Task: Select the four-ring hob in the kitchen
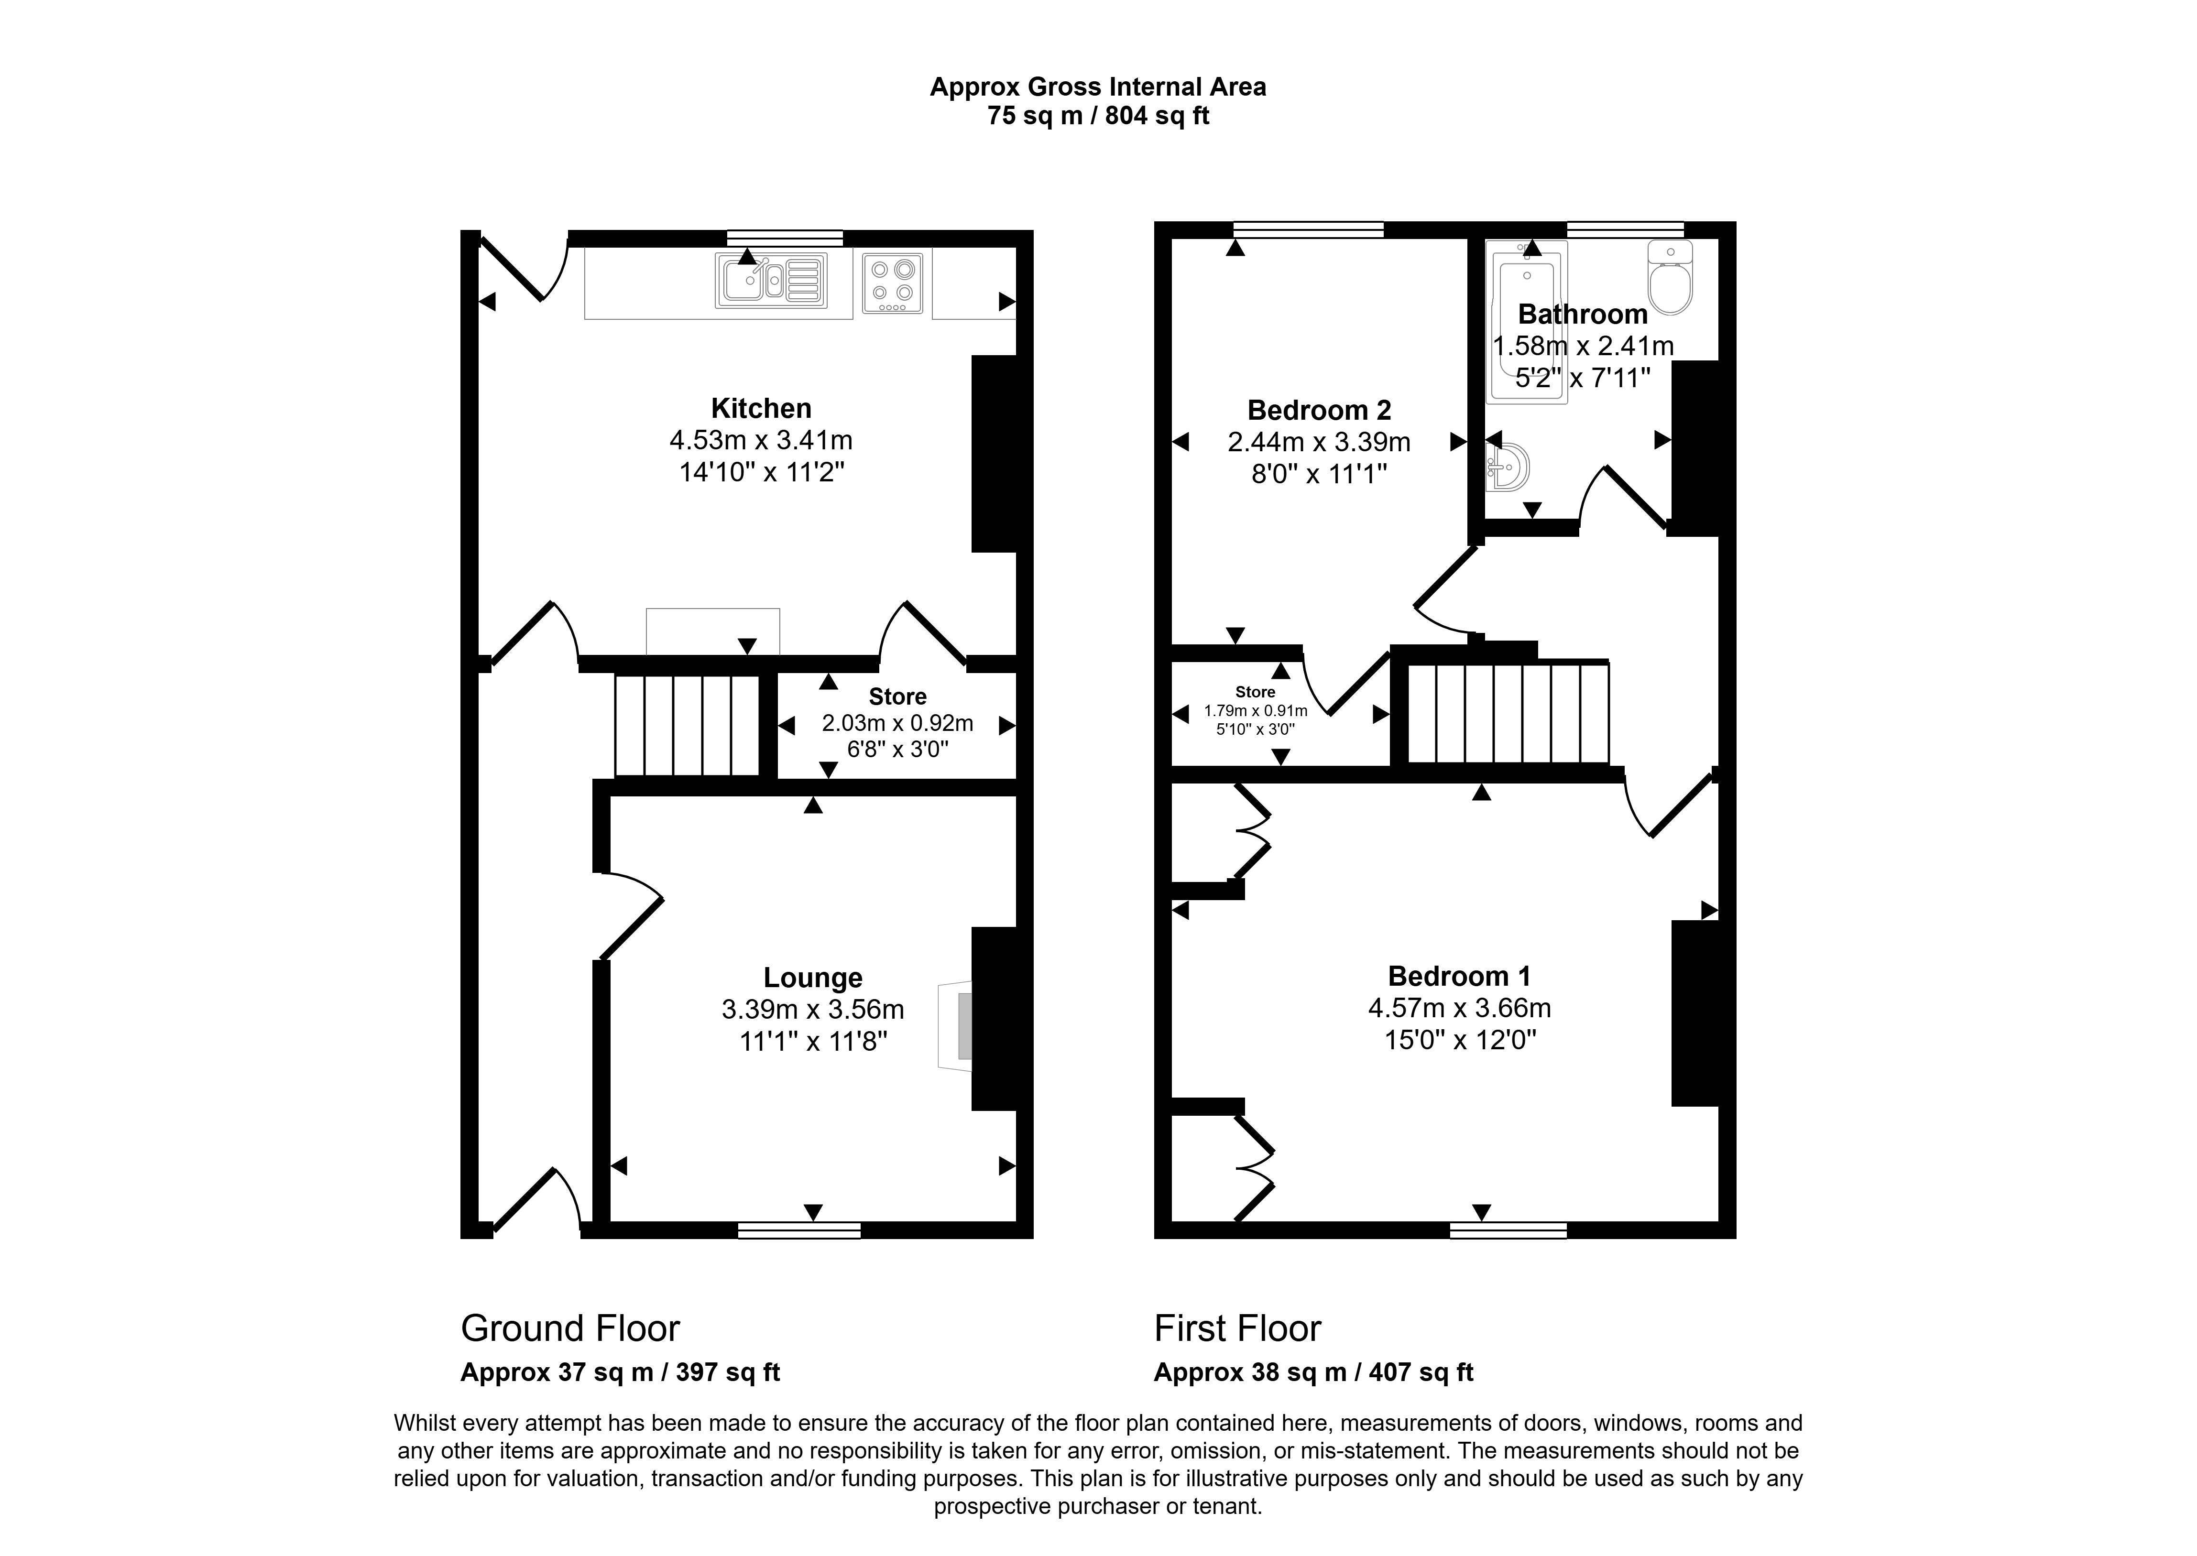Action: point(892,283)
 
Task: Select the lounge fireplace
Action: point(956,1025)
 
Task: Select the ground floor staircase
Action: point(687,725)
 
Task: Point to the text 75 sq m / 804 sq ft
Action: point(1098,116)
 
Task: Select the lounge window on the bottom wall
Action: point(799,1230)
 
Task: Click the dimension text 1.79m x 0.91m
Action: point(1255,711)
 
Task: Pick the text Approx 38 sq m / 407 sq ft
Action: point(1312,1373)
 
